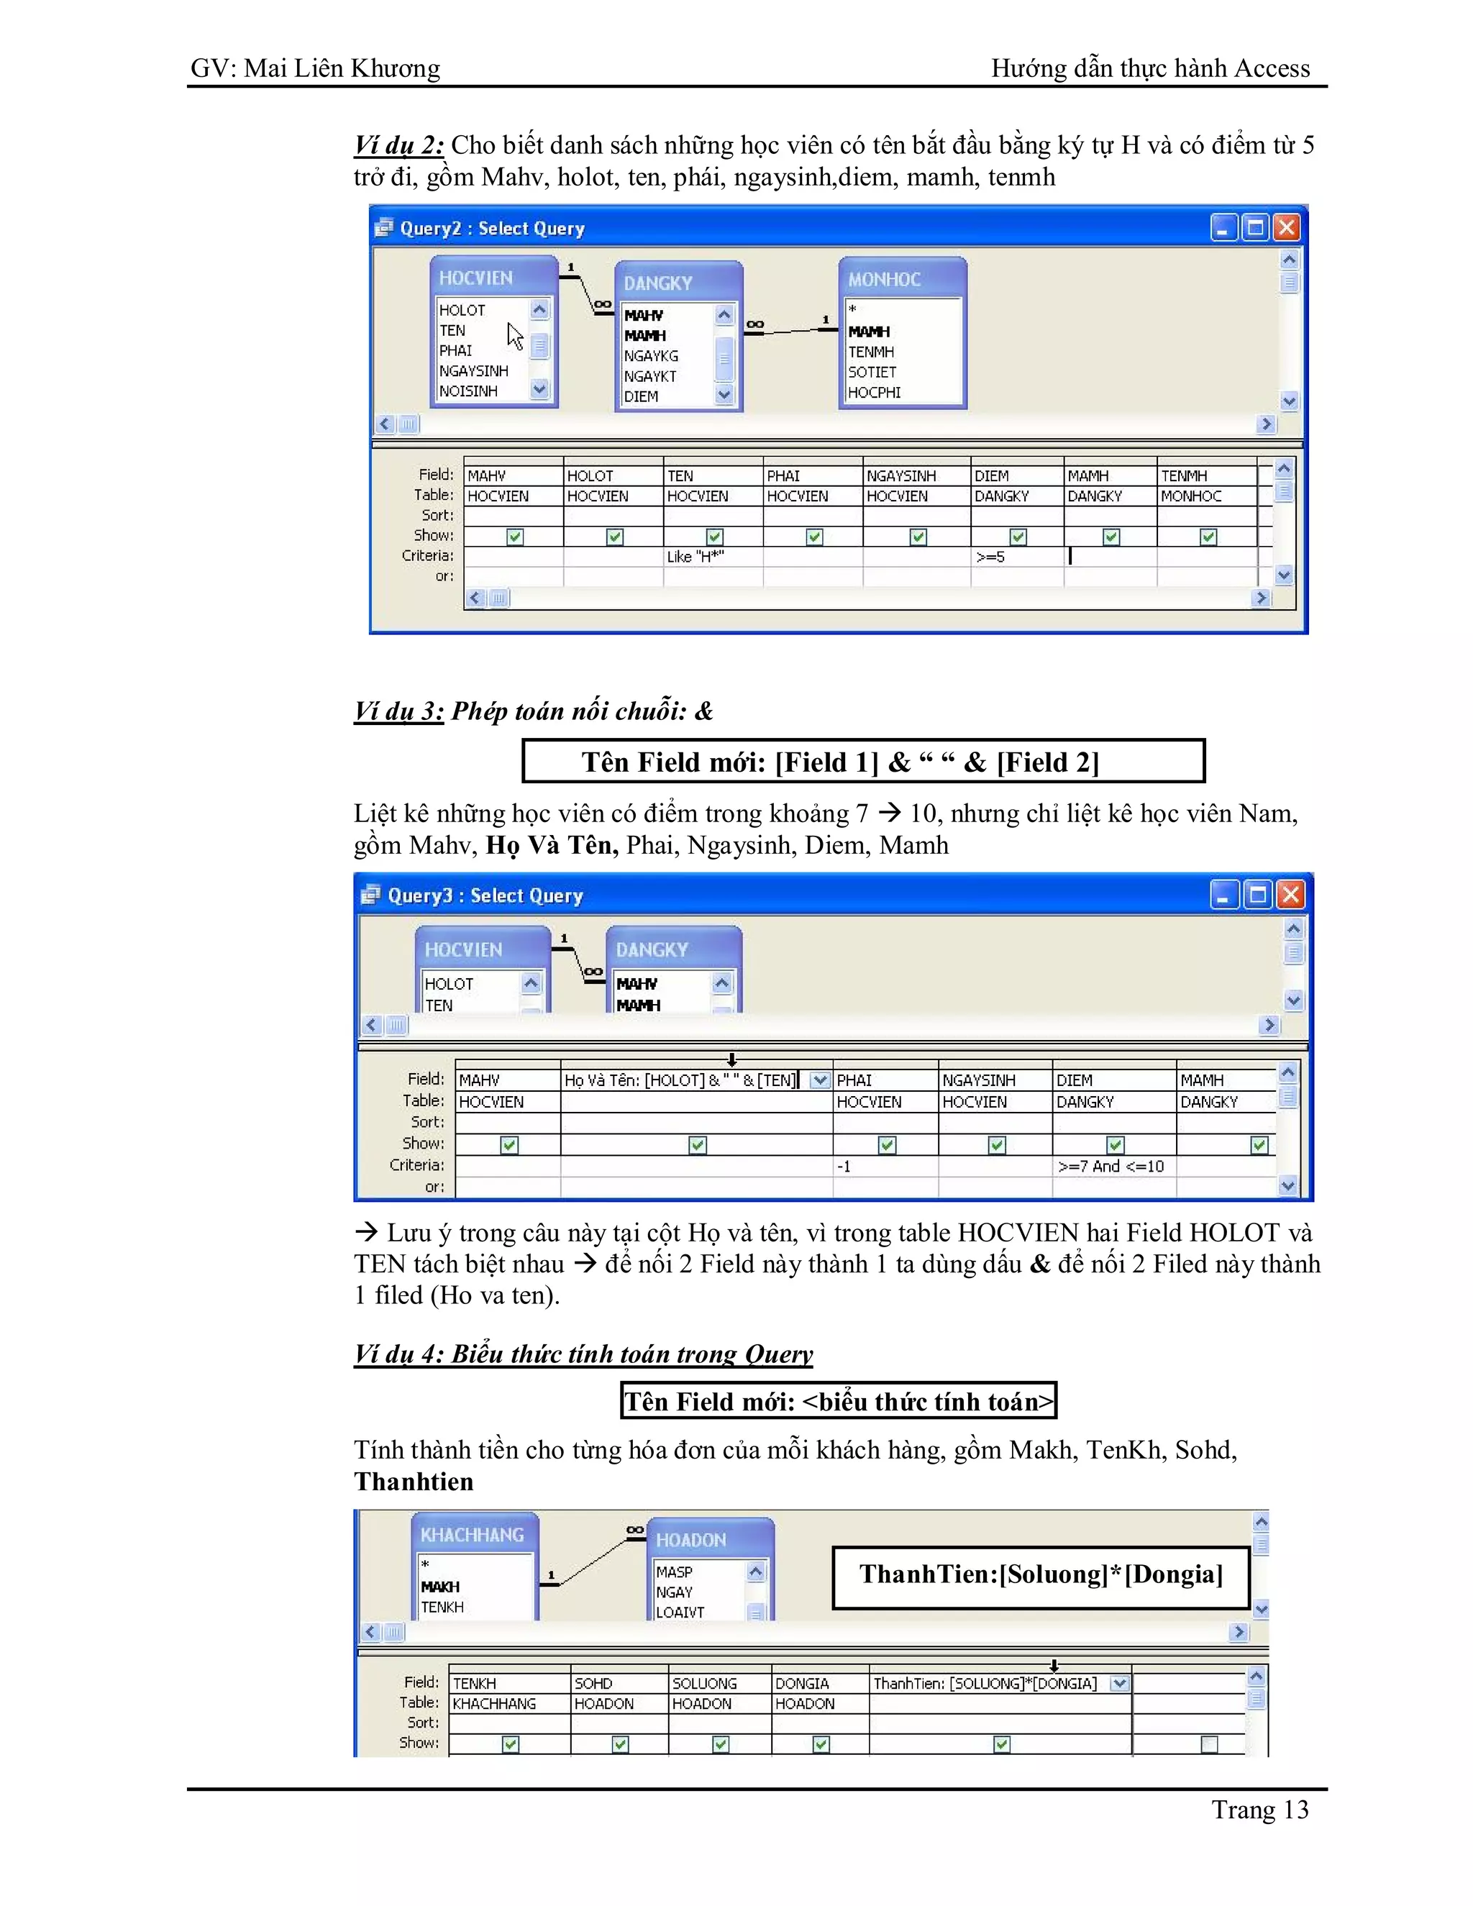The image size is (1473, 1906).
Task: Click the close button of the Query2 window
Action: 1286,228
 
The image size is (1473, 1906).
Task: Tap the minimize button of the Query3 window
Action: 1224,895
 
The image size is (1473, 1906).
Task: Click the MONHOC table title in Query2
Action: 884,279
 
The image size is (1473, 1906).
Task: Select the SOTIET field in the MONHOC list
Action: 872,372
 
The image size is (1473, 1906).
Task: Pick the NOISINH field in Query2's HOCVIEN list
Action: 469,391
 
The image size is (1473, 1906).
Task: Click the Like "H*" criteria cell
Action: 696,557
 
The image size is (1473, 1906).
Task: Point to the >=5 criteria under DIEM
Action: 990,557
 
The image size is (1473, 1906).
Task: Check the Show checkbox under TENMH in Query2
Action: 1208,537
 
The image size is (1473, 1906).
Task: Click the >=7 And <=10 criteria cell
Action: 1110,1166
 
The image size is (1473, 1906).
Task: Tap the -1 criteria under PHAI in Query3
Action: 844,1166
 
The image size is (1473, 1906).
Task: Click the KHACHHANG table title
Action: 472,1535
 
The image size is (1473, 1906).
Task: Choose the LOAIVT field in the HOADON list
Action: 680,1612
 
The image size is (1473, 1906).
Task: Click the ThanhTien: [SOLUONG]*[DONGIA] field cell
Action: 985,1684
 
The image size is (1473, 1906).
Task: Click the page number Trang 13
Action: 1259,1810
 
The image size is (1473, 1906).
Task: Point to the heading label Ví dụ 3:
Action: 398,711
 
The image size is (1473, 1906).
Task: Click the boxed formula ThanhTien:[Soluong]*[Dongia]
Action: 1041,1574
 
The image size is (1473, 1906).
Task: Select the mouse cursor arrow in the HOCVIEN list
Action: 515,335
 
